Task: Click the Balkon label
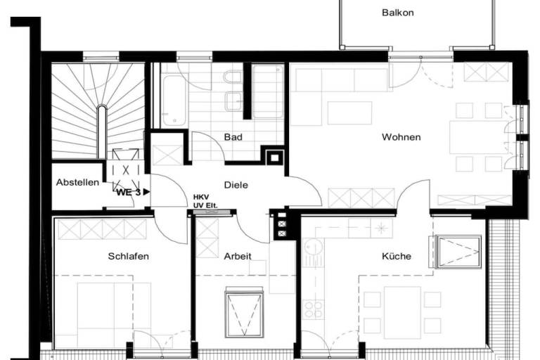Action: coord(398,13)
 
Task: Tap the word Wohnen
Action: coord(401,137)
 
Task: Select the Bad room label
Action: coord(233,137)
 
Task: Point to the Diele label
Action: coord(236,185)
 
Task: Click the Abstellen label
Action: coord(77,182)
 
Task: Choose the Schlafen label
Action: coord(129,257)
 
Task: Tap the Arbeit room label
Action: coord(238,257)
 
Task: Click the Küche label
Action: coord(397,257)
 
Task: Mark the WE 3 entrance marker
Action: coord(133,192)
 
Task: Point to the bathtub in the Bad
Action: coord(174,101)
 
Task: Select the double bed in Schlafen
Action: coord(114,310)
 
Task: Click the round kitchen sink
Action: coord(314,248)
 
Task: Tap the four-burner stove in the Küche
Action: coord(314,309)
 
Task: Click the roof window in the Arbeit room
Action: coord(244,313)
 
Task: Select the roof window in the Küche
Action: coord(458,252)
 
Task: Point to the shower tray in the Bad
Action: coord(268,91)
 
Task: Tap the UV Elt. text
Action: coord(205,206)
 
